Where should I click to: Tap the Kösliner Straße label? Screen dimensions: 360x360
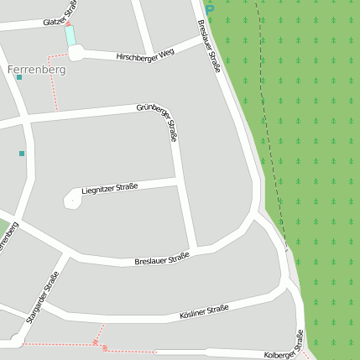click(204, 313)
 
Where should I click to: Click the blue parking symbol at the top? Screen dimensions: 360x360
click(210, 8)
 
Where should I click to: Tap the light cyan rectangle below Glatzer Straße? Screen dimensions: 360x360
click(70, 36)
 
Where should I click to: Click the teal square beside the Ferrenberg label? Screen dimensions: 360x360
click(19, 77)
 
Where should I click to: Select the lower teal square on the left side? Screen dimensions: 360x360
click(22, 153)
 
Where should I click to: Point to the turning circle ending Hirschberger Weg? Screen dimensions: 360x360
click(76, 54)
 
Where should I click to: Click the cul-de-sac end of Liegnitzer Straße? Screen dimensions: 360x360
click(71, 199)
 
